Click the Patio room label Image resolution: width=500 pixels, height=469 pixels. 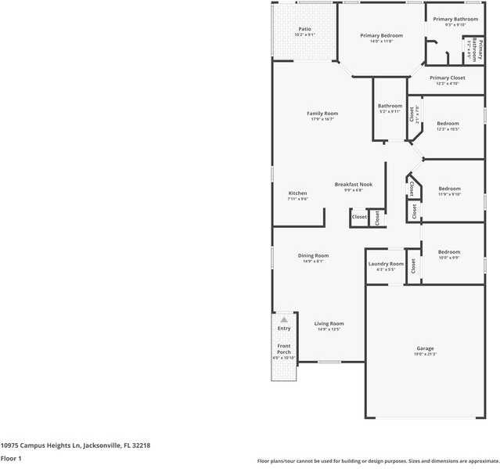pyautogui.click(x=304, y=29)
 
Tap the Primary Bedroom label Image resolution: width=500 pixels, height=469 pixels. pyautogui.click(x=381, y=35)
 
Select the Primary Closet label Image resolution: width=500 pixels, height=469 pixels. pyautogui.click(x=447, y=78)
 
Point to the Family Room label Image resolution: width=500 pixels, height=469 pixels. pyautogui.click(x=322, y=114)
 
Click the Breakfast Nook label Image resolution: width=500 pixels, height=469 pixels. pyautogui.click(x=353, y=185)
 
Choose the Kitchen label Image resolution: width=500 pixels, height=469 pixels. pyautogui.click(x=297, y=193)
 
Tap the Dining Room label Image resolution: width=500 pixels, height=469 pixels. pyautogui.click(x=313, y=255)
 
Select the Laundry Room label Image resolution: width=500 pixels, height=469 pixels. pyautogui.click(x=386, y=264)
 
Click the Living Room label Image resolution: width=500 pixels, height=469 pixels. pyautogui.click(x=329, y=323)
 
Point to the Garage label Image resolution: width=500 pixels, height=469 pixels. pyautogui.click(x=425, y=348)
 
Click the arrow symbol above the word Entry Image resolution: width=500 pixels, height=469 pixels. pyautogui.click(x=284, y=319)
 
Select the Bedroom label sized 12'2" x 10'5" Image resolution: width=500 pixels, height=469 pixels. pyautogui.click(x=448, y=124)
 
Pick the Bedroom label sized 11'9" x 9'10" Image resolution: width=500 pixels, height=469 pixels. pyautogui.click(x=449, y=189)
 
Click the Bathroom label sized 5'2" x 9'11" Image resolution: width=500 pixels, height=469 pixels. pyautogui.click(x=390, y=106)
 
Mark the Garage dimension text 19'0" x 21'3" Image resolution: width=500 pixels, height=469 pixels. pyautogui.click(x=425, y=355)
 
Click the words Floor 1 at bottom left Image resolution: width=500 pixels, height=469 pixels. pyautogui.click(x=11, y=458)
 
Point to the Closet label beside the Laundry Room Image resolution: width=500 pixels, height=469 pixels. pyautogui.click(x=412, y=265)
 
